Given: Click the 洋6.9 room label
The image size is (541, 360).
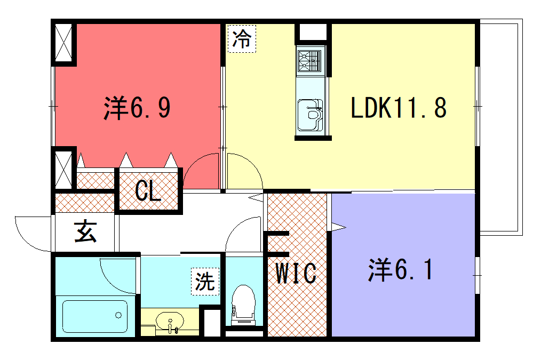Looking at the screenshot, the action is click(x=137, y=108).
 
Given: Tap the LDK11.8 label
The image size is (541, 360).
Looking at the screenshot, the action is click(x=399, y=108).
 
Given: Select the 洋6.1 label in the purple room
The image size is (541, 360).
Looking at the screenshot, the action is click(x=400, y=269).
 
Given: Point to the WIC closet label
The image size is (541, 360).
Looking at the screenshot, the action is click(x=296, y=273).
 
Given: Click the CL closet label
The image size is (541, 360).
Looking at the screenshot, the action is click(x=148, y=190).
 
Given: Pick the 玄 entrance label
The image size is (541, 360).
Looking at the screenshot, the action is click(x=85, y=231).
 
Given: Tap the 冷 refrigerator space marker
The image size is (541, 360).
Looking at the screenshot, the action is click(x=242, y=38).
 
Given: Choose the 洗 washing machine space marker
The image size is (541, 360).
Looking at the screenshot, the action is click(x=205, y=282).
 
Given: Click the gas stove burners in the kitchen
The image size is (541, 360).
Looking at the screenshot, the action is click(x=310, y=61).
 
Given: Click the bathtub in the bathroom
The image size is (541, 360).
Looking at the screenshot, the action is click(x=95, y=316).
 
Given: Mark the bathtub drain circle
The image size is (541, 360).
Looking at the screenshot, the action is click(x=118, y=315).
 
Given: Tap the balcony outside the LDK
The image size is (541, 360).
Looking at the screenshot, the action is click(x=501, y=127).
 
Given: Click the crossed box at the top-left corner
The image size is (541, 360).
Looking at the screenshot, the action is click(x=63, y=43).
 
